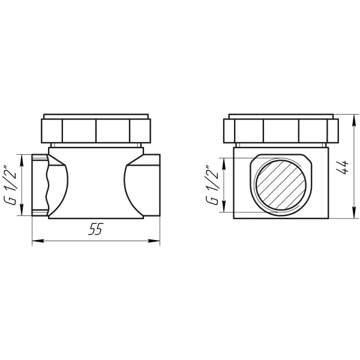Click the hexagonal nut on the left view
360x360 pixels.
(96, 129)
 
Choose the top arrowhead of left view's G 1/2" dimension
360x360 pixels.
(23, 158)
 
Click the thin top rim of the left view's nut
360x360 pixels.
(96, 115)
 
